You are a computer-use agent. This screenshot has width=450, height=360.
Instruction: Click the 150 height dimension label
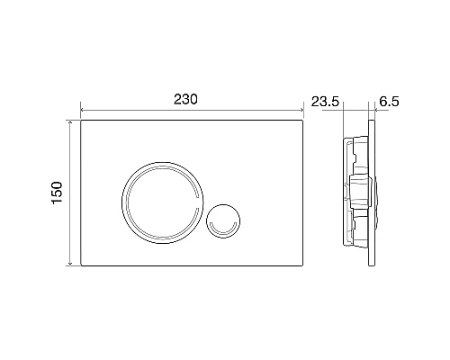[x=57, y=194]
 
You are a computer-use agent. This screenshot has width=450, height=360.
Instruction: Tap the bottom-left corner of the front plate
[x=84, y=267]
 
